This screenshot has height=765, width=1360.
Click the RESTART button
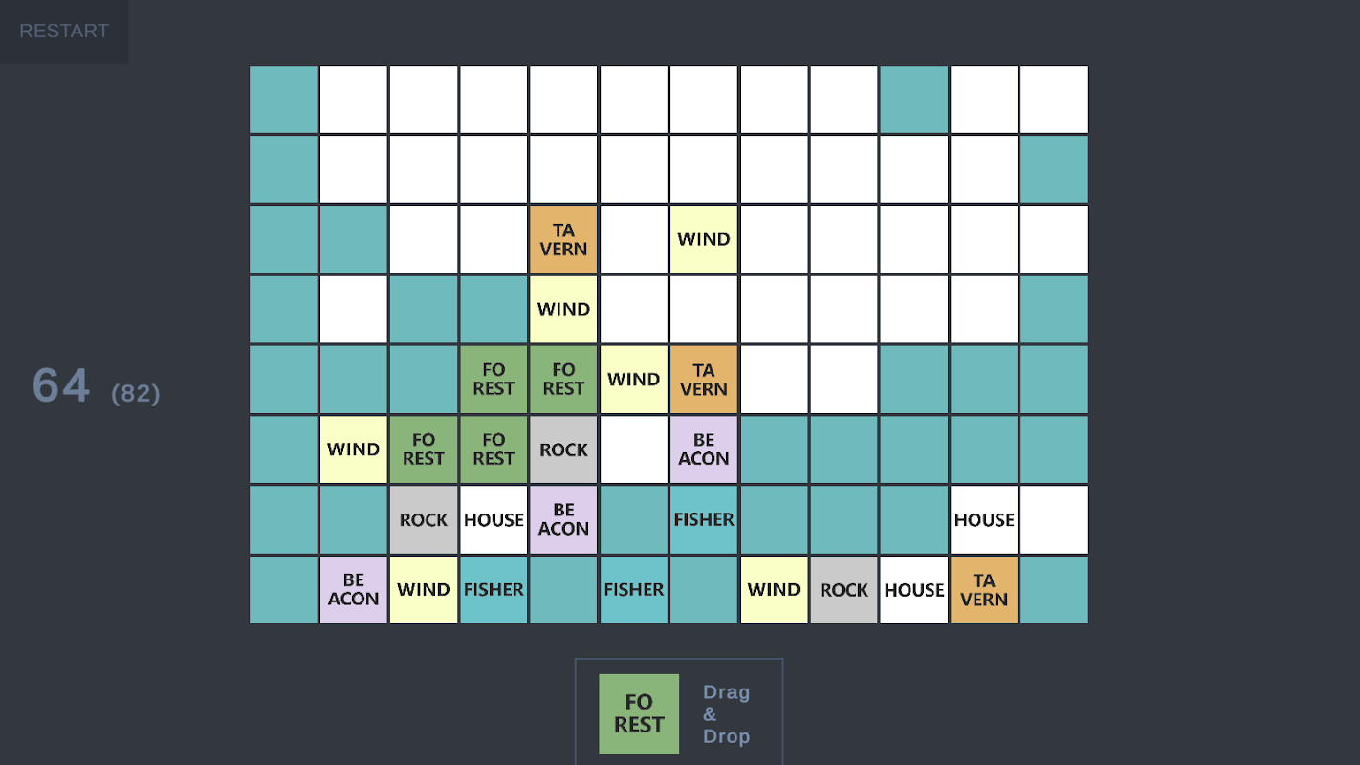pos(64,32)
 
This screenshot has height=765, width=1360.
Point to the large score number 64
pos(61,385)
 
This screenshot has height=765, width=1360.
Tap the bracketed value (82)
pos(136,393)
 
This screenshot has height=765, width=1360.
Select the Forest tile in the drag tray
pos(639,713)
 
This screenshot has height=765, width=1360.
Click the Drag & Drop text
pos(726,713)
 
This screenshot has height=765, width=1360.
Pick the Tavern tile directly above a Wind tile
pos(563,239)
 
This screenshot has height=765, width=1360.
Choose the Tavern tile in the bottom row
pos(984,589)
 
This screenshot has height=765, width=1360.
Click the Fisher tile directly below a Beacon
pos(704,519)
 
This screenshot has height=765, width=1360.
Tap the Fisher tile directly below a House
pos(494,589)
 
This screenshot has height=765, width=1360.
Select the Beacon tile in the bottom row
pos(353,589)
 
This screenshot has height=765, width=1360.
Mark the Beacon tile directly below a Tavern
pos(704,449)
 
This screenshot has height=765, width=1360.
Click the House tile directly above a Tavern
pos(984,519)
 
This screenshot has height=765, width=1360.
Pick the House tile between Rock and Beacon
pos(494,519)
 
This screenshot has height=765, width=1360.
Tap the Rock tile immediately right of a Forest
pos(563,449)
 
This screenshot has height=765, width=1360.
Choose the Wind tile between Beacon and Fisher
pos(424,589)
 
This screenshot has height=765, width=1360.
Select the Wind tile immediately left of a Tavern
pos(633,380)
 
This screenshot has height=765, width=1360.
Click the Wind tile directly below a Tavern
pos(563,309)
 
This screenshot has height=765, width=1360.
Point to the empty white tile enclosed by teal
pos(353,309)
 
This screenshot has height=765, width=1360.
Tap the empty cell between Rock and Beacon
pos(633,449)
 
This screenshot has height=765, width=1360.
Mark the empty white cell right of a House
pos(1054,519)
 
